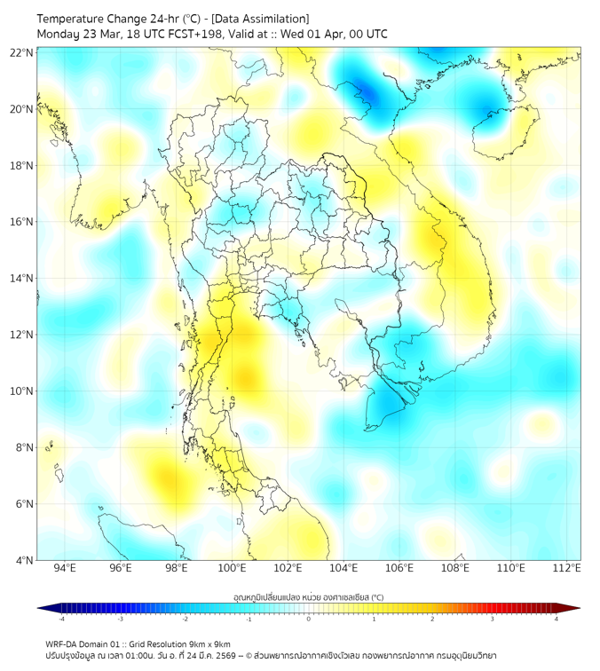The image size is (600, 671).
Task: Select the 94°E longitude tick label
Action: coord(65,568)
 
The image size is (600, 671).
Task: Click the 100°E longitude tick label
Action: coord(232,568)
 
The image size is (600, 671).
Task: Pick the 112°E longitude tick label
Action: coord(567,568)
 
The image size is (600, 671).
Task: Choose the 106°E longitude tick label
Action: coord(399,568)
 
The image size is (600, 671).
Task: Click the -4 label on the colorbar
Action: coord(60,619)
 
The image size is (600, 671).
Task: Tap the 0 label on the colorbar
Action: coord(309,619)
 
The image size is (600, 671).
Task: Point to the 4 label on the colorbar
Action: coord(557,619)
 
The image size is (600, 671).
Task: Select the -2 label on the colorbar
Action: coord(184,619)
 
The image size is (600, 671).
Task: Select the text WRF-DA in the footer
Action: coord(63,643)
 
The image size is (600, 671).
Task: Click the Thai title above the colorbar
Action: coord(308,596)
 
